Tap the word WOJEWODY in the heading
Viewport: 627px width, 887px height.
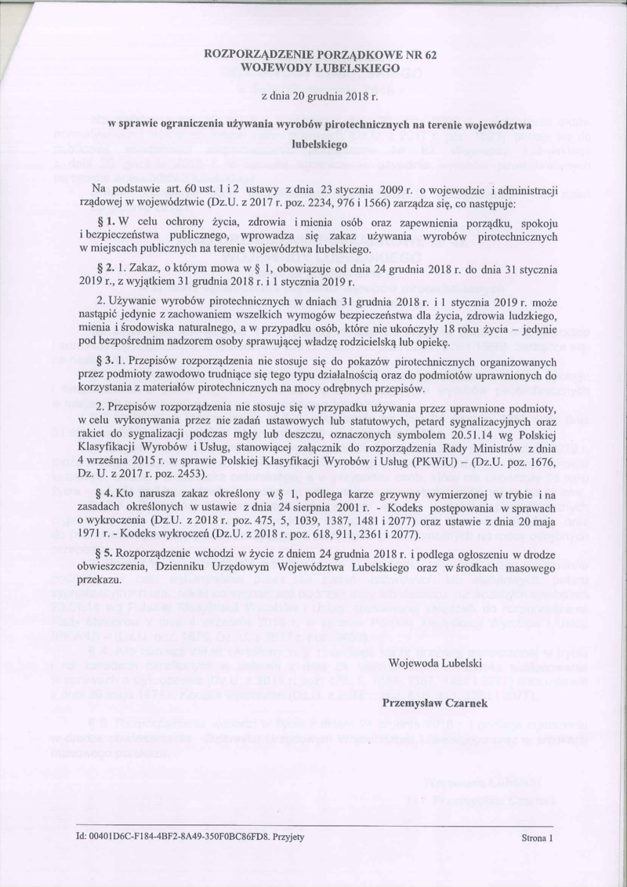(x=277, y=68)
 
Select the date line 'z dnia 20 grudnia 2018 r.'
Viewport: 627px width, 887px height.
(x=313, y=96)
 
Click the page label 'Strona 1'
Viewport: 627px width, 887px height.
(x=537, y=838)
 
